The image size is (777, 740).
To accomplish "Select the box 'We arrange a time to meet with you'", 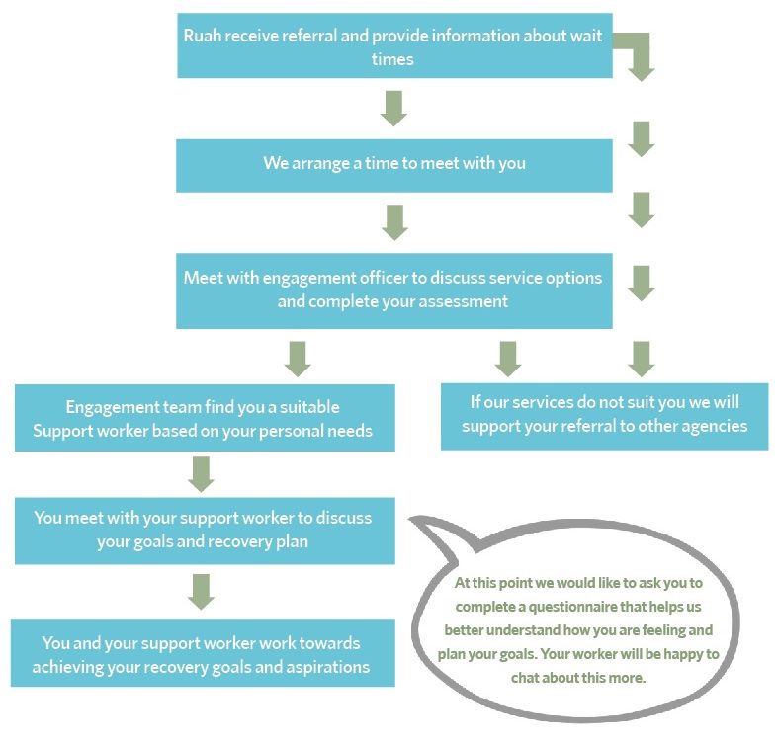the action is coord(394,165).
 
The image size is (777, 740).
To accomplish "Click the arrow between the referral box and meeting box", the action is coord(394,109).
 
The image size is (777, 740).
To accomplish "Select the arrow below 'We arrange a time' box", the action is coord(395,222).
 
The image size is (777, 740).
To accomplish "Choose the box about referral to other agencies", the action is coord(605,417).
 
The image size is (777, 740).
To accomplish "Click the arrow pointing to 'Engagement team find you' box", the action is coord(298,359).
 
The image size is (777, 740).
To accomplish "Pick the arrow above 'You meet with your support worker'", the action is coord(202,474).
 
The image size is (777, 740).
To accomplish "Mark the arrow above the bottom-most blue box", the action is coord(202,592).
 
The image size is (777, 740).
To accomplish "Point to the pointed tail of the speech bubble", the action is coord(410,520).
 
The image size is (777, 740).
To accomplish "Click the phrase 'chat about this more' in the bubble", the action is coord(577,678).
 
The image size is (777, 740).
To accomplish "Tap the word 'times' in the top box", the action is coord(392,59).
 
